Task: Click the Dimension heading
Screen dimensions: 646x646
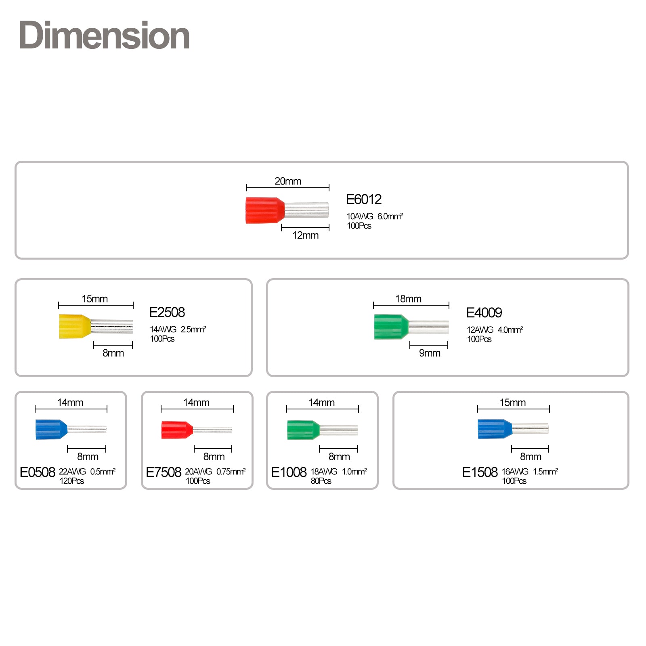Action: click(x=104, y=36)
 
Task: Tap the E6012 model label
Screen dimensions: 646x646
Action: click(x=363, y=199)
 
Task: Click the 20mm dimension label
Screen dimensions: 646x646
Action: click(x=288, y=181)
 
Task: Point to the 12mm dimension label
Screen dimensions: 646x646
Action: click(x=306, y=235)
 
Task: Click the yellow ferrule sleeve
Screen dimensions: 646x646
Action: click(x=75, y=326)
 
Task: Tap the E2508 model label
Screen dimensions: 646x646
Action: click(x=167, y=313)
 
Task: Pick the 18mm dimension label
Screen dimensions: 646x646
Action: click(x=408, y=299)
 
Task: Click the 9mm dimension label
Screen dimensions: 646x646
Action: click(x=430, y=353)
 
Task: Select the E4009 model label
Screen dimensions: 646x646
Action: click(x=484, y=313)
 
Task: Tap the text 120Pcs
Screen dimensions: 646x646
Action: click(x=72, y=481)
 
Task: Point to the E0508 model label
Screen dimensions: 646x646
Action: click(x=38, y=472)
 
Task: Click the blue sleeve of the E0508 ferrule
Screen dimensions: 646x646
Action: click(x=51, y=429)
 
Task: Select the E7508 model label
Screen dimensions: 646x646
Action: click(x=164, y=472)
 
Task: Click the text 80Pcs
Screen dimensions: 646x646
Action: click(x=321, y=481)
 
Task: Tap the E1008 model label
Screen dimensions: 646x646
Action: click(x=289, y=472)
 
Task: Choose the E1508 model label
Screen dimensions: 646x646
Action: click(x=480, y=472)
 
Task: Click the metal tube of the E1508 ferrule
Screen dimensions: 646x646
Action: click(x=531, y=429)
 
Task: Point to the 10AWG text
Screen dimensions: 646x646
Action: click(x=360, y=216)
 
